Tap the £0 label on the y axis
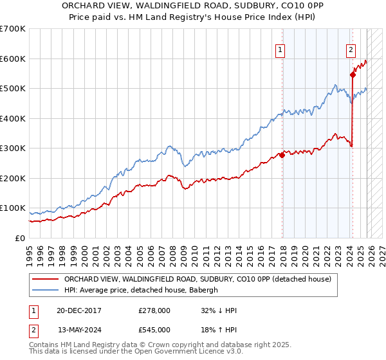tap(21, 238)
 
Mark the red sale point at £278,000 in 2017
tap(282, 155)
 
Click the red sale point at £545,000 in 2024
tap(353, 75)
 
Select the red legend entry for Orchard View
tap(198, 279)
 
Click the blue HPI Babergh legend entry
tap(141, 291)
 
